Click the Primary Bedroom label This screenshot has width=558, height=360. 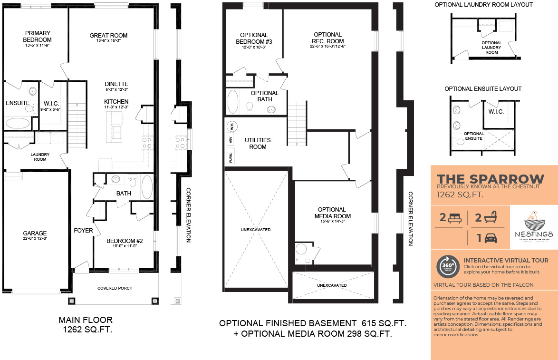[38, 37]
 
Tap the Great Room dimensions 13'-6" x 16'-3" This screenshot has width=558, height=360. [108, 41]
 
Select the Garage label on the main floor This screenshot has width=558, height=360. [35, 233]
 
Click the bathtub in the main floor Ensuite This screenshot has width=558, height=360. [18, 123]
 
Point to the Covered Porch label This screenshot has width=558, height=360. [115, 288]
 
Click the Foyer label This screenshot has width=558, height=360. [83, 231]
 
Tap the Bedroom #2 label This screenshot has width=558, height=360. [125, 241]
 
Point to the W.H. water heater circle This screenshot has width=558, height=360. [231, 126]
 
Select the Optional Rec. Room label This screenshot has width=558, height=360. [327, 38]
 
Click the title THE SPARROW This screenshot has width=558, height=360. [491, 179]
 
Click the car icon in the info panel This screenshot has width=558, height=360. [491, 237]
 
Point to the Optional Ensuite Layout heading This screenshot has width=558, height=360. [483, 89]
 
